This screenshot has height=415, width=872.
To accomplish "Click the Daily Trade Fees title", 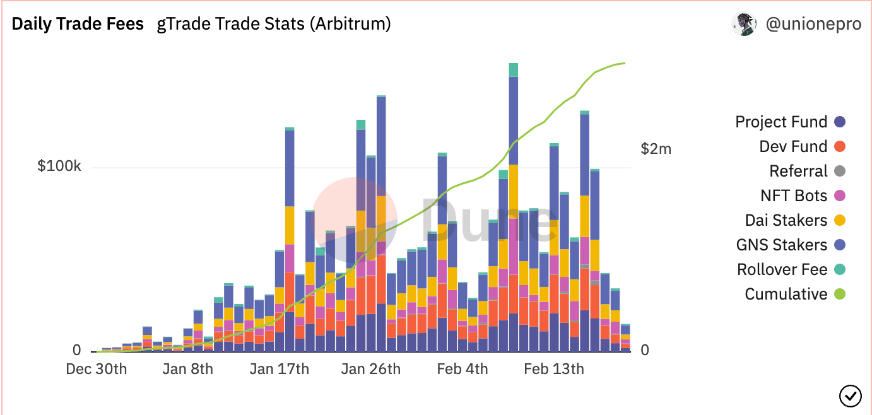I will tap(78, 25).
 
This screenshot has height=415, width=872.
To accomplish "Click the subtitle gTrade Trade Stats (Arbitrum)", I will tap(273, 25).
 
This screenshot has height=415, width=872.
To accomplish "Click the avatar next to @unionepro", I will tap(744, 24).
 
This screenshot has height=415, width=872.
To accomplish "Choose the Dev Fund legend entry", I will tap(793, 146).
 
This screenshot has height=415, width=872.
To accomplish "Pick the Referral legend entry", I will tap(798, 171).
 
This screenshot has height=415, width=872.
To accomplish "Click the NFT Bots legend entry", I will tap(794, 196).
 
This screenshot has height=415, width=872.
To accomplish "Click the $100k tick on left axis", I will tap(59, 167).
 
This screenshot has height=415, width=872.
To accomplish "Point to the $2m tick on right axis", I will tap(656, 149).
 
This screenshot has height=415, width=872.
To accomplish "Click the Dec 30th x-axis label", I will tap(96, 369).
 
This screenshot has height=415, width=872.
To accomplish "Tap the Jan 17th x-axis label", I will tap(279, 369).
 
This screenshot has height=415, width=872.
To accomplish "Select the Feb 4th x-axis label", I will tap(462, 369).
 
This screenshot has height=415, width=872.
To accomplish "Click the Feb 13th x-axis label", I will tap(553, 369).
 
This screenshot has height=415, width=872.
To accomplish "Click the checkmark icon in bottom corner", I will tap(850, 395).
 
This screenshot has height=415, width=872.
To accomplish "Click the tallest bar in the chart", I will tap(513, 208).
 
